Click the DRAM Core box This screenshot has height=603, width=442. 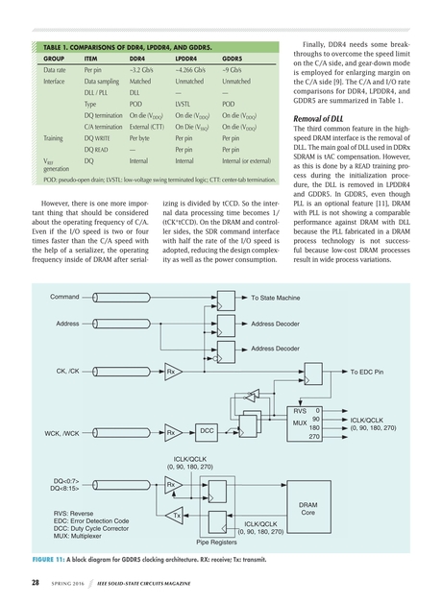pyautogui.click(x=308, y=510)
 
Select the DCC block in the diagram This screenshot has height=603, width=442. pyautogui.click(x=207, y=429)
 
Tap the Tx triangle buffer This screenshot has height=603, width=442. pyautogui.click(x=176, y=516)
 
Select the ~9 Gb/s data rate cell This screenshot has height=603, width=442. pyautogui.click(x=233, y=70)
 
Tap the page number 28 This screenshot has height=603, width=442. pyautogui.click(x=35, y=582)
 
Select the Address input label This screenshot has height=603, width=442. pyautogui.click(x=68, y=325)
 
